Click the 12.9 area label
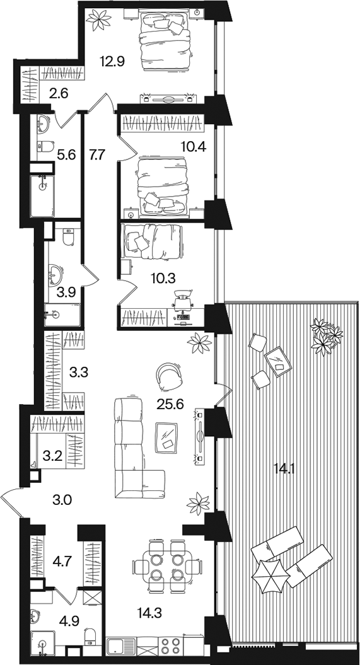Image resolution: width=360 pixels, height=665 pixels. [112, 62]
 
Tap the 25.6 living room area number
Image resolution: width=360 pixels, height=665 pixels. [170, 405]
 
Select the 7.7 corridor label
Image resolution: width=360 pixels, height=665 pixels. [96, 155]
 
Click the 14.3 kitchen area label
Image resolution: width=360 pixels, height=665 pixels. [149, 612]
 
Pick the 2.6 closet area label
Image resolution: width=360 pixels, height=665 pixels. [59, 92]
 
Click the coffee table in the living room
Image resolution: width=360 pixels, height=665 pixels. [166, 437]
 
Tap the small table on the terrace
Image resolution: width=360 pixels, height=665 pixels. [278, 361]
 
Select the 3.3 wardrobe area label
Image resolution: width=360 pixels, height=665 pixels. [78, 373]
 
